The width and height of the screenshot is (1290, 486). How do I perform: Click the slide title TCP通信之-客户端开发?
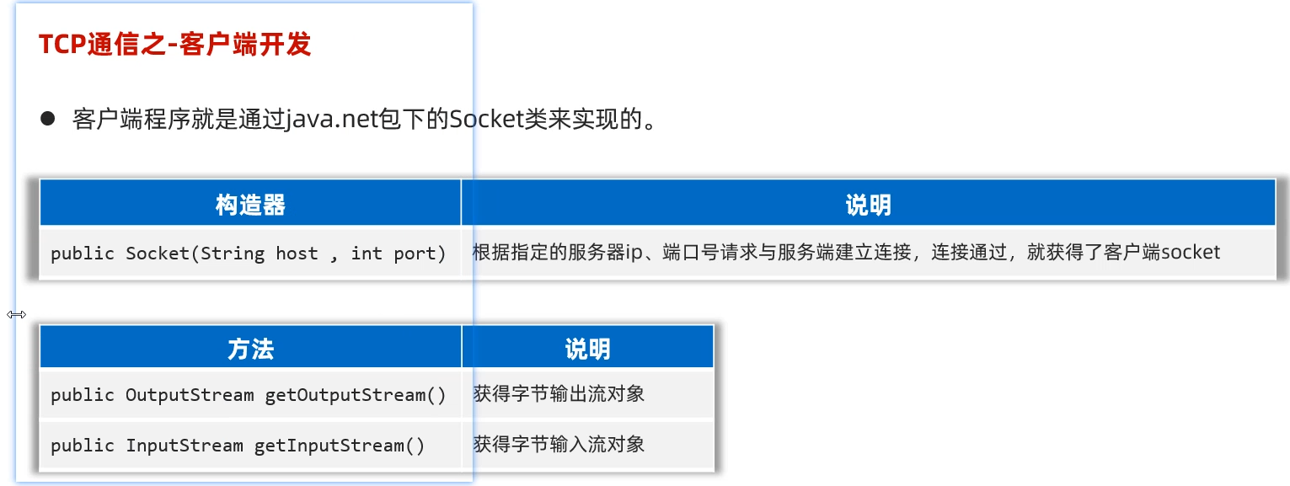(175, 45)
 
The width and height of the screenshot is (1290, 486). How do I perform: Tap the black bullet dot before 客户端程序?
(47, 119)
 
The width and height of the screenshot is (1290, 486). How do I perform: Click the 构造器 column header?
(250, 205)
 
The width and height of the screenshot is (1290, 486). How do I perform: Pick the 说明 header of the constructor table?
(868, 205)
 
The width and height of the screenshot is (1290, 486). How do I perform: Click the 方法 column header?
(250, 348)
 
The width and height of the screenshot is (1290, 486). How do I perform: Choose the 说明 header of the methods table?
(587, 348)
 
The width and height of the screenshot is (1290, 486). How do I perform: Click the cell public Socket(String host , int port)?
(249, 254)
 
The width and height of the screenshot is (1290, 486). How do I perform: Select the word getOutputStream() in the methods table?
(356, 395)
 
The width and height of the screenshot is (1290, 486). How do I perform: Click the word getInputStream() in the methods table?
(340, 446)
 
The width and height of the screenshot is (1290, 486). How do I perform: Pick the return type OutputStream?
(190, 395)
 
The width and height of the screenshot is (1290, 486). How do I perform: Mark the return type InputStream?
(185, 446)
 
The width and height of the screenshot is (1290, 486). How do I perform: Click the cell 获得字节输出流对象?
(559, 394)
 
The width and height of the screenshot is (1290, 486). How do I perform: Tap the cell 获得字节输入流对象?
(559, 445)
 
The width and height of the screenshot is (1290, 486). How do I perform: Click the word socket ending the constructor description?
(1191, 252)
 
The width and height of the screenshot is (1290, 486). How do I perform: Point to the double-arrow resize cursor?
(16, 314)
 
